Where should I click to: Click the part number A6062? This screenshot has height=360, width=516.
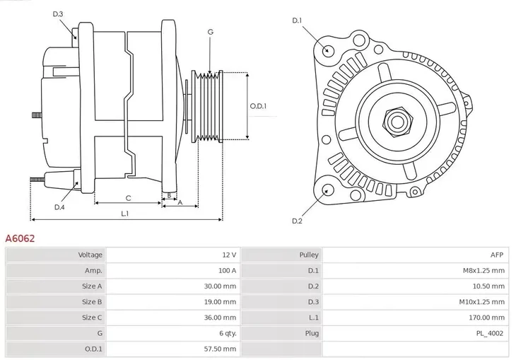click(x=20, y=239)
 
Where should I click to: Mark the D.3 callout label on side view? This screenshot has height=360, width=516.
click(x=58, y=14)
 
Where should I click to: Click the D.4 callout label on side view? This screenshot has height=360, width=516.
click(x=59, y=207)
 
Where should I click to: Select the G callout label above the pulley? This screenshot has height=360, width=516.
click(x=210, y=33)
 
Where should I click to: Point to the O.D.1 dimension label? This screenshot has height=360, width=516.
click(x=259, y=106)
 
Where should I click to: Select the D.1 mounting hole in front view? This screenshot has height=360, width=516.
click(x=327, y=50)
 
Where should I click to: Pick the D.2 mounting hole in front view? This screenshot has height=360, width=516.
click(x=327, y=189)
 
